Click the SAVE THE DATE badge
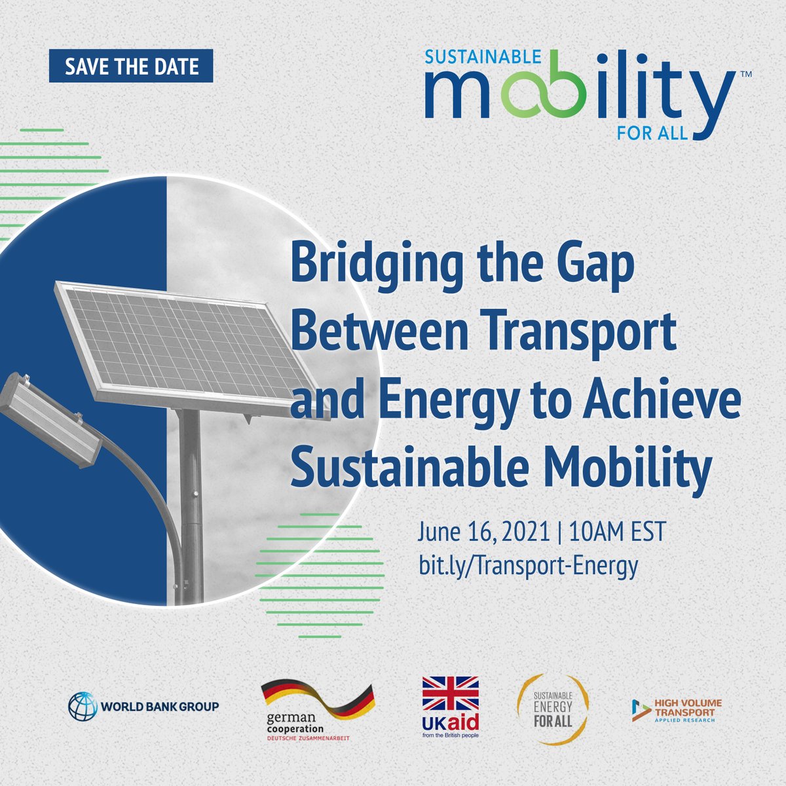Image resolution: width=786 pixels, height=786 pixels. point(131,66)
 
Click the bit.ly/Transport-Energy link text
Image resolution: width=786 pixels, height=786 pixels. point(528,565)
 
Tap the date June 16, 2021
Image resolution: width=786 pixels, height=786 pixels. point(483,531)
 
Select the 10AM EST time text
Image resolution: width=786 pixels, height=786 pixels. point(617,531)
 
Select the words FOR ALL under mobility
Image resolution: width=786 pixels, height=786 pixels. point(652,133)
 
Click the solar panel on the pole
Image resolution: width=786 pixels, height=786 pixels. point(190,347)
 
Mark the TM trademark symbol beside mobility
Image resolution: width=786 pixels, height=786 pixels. point(745,75)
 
